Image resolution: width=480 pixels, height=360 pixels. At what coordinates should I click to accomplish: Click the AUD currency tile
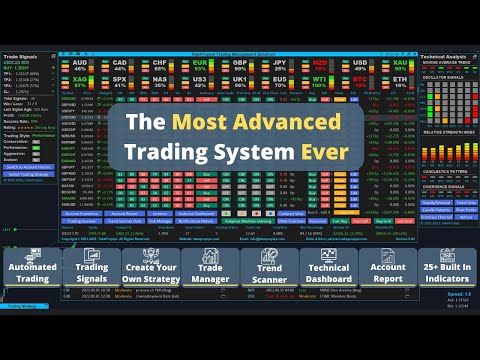81,65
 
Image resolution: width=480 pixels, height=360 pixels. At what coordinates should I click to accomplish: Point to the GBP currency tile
239,65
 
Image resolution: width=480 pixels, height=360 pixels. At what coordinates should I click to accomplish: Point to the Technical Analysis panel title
446,57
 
